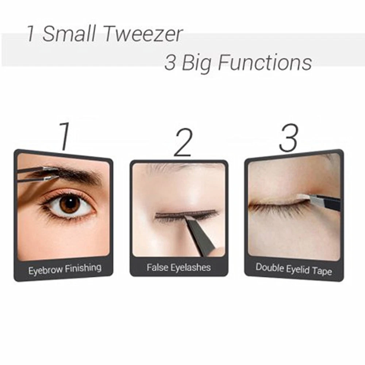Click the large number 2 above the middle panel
click(182, 142)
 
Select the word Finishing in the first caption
click(82, 269)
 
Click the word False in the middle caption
click(157, 268)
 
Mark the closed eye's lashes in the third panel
click(277, 208)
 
